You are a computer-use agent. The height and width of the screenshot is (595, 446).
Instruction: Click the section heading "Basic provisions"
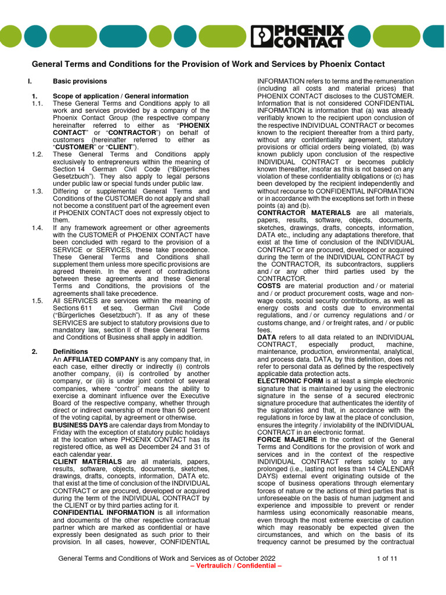coord(80,81)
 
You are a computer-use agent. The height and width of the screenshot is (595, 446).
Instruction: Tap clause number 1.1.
coord(38,103)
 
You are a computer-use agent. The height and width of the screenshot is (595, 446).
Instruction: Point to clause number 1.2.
coord(38,155)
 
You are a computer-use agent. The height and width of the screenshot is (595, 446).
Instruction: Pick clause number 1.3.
coord(38,191)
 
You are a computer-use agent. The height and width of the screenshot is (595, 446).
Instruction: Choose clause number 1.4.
coord(38,228)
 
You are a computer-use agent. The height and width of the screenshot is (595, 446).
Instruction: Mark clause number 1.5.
coord(38,300)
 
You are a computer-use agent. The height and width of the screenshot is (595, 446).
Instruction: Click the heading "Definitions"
coord(70,352)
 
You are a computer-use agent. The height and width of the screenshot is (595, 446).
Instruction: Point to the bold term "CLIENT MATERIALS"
coord(87,461)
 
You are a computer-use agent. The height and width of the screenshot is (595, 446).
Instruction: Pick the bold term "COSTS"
coord(269,286)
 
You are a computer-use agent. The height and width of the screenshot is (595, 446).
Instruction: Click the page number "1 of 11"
coord(387,558)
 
